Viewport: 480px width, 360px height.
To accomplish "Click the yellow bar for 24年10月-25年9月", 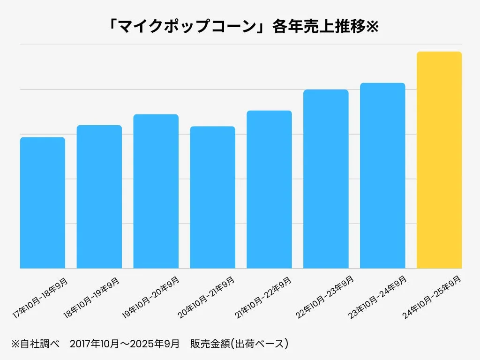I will click(x=439, y=160).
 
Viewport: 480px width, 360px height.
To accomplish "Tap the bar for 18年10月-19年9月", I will click(x=99, y=196).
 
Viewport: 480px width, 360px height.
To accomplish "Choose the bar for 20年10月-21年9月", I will click(x=212, y=197).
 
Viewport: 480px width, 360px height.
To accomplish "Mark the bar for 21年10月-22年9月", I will click(x=269, y=189).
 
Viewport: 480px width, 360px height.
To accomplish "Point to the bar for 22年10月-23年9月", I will click(x=326, y=179).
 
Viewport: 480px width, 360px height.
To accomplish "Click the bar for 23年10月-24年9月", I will click(x=382, y=175).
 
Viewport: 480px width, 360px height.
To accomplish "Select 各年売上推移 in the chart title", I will click(x=318, y=27).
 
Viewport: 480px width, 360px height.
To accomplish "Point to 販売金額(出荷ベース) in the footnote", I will click(x=239, y=344).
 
